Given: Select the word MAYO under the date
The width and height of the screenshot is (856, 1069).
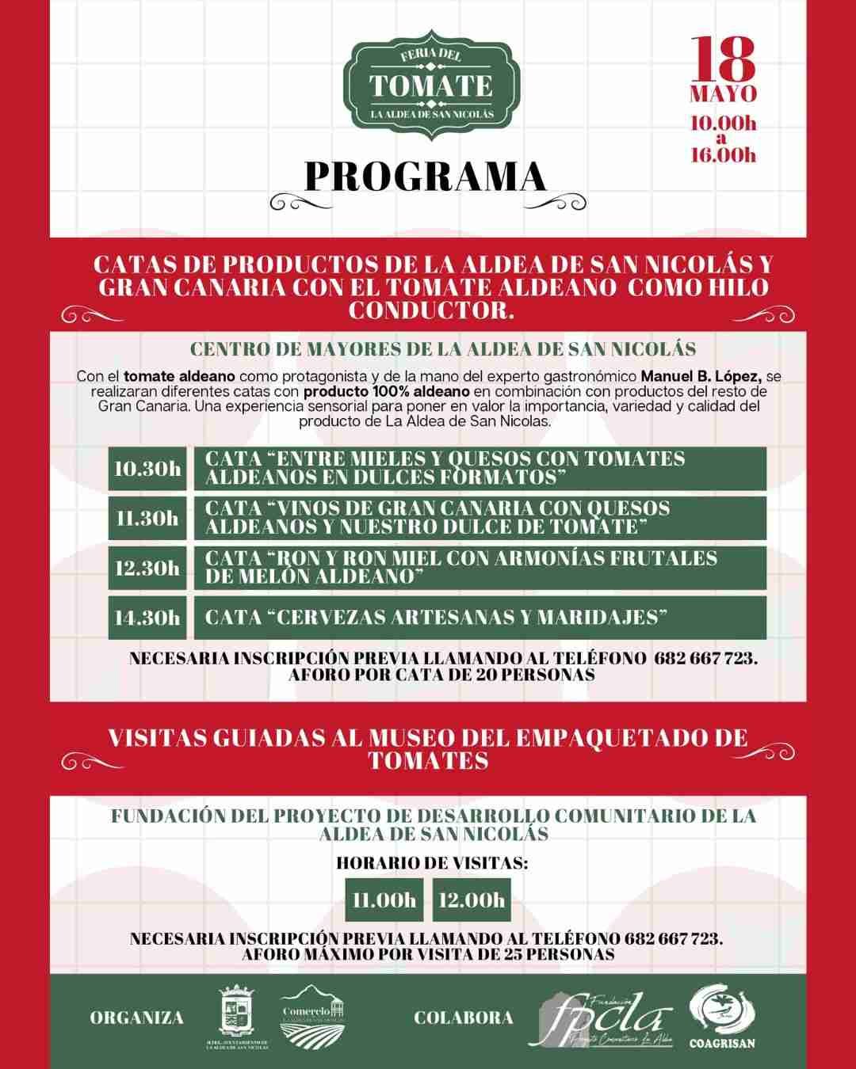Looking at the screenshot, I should (x=723, y=94).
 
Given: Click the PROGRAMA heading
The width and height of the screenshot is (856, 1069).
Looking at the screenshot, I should (x=426, y=177).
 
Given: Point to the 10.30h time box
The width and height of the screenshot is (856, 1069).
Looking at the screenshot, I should (x=147, y=468).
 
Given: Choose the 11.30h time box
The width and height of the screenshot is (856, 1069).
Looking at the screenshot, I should (x=147, y=518).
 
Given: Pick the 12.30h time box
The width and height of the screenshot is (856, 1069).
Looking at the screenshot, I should (x=147, y=568).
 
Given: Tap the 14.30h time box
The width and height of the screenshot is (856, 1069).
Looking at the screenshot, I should (x=147, y=618).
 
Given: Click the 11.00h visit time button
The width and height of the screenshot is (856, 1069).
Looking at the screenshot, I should (x=384, y=900).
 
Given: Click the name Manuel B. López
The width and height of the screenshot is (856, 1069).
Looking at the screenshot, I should (x=700, y=376).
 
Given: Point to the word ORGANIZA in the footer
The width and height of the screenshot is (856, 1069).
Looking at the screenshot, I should (x=136, y=1018).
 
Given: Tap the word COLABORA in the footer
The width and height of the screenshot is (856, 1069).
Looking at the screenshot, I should (x=464, y=1018).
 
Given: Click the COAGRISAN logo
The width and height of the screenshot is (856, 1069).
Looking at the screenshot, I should (x=721, y=1017).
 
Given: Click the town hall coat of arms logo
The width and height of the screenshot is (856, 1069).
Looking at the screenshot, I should (x=237, y=1015).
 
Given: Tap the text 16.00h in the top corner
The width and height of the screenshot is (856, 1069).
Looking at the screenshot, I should (x=723, y=154).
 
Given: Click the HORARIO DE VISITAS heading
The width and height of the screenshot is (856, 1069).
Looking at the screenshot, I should (x=432, y=862).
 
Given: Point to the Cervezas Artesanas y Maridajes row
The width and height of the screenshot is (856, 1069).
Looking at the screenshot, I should (x=480, y=618).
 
